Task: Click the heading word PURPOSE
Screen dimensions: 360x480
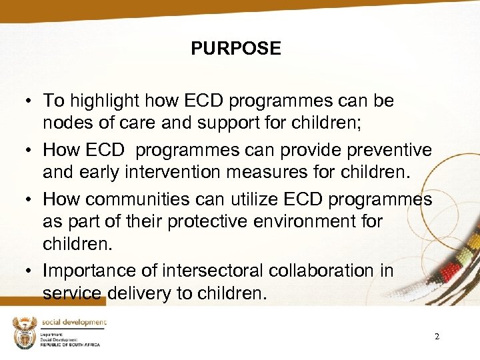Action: [235, 49]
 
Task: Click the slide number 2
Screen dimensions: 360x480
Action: [437, 337]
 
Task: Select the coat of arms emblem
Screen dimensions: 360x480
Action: [25, 332]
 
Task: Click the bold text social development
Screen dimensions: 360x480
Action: [73, 322]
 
